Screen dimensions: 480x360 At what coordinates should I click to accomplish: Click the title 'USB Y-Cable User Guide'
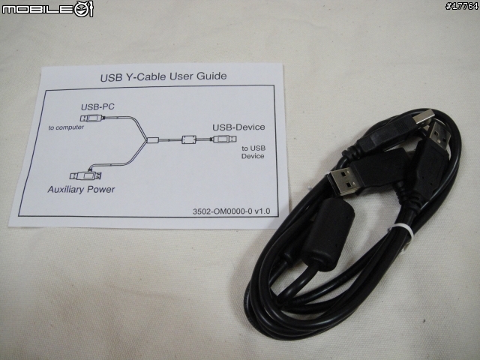163,76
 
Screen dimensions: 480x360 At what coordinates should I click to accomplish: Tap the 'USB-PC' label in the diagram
97,106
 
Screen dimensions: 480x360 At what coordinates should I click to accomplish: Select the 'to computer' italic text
66,127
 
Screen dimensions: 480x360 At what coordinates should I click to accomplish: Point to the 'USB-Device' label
238,127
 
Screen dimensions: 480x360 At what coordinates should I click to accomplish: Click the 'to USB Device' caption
253,152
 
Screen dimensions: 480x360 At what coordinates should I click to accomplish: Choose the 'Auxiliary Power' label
81,190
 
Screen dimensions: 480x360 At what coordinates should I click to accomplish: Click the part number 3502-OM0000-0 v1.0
232,211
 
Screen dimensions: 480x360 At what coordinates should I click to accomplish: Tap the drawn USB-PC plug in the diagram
91,118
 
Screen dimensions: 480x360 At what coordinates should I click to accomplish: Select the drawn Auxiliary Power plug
85,175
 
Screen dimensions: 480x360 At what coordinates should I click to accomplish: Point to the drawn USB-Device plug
225,139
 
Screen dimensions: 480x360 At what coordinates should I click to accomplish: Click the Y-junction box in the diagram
152,140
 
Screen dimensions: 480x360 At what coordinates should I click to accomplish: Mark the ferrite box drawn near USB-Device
189,139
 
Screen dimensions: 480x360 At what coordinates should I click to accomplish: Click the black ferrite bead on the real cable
328,233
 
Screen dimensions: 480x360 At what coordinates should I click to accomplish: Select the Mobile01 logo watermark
47,9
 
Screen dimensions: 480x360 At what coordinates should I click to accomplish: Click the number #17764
462,6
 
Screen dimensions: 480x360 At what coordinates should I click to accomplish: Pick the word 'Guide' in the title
211,76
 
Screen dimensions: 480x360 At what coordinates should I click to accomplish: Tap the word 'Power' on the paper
100,190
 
